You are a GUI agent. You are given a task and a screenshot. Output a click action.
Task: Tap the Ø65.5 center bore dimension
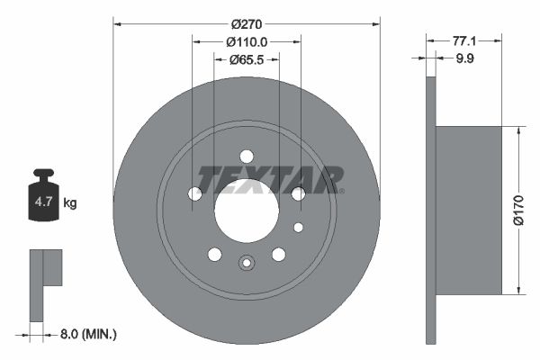pyautogui.click(x=246, y=60)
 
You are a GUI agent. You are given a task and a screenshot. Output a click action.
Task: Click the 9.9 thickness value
pyautogui.click(x=463, y=59)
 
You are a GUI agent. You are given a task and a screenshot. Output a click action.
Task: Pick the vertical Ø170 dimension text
pyautogui.click(x=517, y=211)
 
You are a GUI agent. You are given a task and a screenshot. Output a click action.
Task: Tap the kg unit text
pyautogui.click(x=70, y=203)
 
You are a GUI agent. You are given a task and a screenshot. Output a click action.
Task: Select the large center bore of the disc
pyautogui.click(x=246, y=211)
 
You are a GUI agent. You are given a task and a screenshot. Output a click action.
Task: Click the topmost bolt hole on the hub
pyautogui.click(x=247, y=157)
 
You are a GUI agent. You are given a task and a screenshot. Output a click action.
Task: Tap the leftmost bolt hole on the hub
pyautogui.click(x=194, y=193)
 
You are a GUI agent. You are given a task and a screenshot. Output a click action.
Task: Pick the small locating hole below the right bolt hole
pyautogui.click(x=299, y=227)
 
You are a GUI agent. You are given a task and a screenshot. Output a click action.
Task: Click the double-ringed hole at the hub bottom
pyautogui.click(x=247, y=263)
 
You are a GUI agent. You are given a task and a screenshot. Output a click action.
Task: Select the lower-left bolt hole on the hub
pyautogui.click(x=214, y=255)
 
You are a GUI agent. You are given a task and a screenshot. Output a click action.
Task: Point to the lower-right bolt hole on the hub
pyautogui.click(x=279, y=255)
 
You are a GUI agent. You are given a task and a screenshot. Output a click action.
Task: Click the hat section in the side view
pyautogui.click(x=467, y=211)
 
